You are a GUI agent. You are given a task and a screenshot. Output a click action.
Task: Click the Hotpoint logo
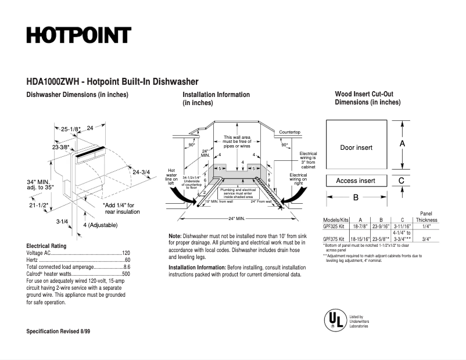tap(78, 35)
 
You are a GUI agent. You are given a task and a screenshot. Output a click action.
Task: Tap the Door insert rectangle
tap(356, 147)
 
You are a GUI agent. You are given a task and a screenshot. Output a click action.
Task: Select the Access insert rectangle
tap(356, 181)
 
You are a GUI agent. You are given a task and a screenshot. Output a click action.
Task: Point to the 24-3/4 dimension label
tap(141, 172)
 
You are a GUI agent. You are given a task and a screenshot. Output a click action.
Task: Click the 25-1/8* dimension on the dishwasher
tap(71, 128)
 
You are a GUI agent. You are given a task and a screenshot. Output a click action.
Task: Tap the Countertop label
tap(289, 132)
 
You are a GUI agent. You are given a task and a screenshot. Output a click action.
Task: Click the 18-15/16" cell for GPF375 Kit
tap(360, 239)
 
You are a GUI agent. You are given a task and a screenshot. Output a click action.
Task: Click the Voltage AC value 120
tap(126, 254)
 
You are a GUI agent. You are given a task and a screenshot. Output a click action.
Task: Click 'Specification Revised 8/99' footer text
tap(58, 331)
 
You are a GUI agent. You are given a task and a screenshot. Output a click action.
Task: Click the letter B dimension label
tap(356, 197)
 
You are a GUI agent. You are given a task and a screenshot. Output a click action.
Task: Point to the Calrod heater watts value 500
tap(126, 273)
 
